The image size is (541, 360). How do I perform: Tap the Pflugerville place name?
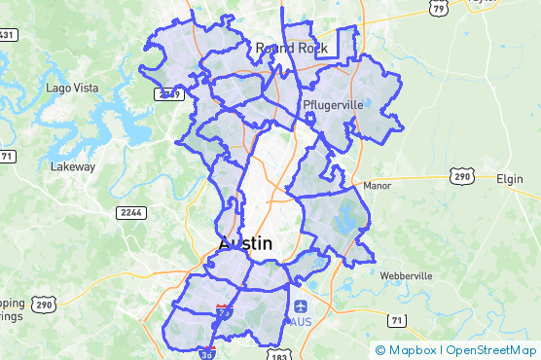point(332,104)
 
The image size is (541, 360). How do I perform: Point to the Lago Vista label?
point(72,89)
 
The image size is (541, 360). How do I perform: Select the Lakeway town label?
point(73,166)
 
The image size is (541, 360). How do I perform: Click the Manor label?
point(376,185)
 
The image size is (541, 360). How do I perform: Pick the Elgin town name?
point(509,179)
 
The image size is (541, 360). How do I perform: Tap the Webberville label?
point(406,275)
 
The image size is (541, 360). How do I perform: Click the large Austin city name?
point(245,243)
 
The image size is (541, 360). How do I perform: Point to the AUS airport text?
point(301,321)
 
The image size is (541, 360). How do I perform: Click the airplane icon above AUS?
point(301,306)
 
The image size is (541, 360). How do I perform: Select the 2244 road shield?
point(129,212)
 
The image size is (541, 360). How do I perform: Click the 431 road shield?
point(7,35)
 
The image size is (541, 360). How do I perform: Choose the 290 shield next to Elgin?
point(461,176)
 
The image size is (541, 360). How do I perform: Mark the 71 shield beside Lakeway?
point(7,156)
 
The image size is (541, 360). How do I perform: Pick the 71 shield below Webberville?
point(395,320)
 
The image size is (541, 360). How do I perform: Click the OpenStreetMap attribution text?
point(491,349)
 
